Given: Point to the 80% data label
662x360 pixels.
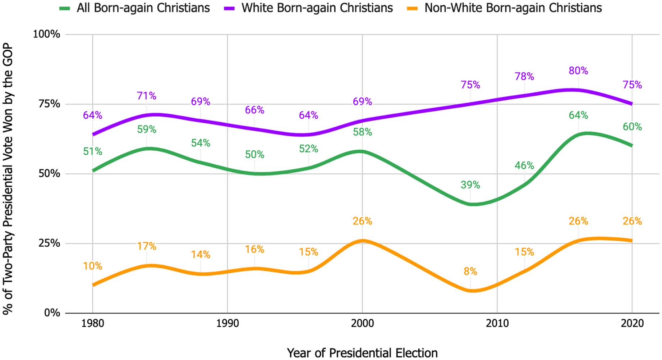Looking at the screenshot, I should pyautogui.click(x=578, y=71).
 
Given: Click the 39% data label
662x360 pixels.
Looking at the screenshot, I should pyautogui.click(x=470, y=185).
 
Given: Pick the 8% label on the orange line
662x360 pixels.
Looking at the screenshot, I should pyautogui.click(x=470, y=272).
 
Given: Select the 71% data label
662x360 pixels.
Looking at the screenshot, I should pyautogui.click(x=147, y=96).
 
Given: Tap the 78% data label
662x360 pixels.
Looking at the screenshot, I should pyautogui.click(x=524, y=77).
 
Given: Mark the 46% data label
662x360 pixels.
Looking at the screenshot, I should pyautogui.click(x=524, y=166).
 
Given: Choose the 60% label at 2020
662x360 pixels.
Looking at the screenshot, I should pyautogui.click(x=632, y=127).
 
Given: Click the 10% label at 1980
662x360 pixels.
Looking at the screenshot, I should pyautogui.click(x=93, y=266).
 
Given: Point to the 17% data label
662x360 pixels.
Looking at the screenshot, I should pyautogui.click(x=147, y=246).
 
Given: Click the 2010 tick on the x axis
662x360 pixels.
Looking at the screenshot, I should pyautogui.click(x=497, y=324).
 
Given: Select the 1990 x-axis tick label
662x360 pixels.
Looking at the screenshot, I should pyautogui.click(x=227, y=324).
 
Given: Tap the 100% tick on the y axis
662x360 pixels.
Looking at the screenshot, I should pyautogui.click(x=47, y=35).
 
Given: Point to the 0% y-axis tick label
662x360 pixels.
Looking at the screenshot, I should pyautogui.click(x=52, y=313).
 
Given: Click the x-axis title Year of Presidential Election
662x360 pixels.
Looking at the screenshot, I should pyautogui.click(x=362, y=353).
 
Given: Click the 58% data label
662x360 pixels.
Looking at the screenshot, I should pyautogui.click(x=362, y=132).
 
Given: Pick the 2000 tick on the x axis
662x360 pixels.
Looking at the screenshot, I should pyautogui.click(x=362, y=324).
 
